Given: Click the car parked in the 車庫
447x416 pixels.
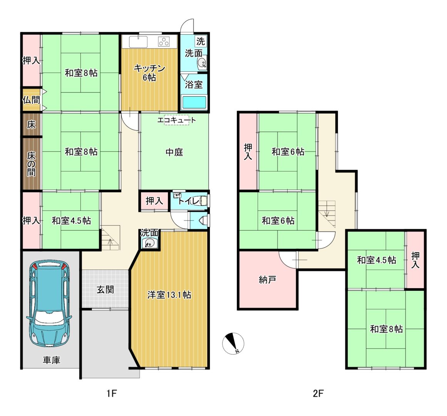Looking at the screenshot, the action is [50, 303].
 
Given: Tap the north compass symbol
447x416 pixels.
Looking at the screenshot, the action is [233, 343].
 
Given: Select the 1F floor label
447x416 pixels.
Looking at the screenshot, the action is [112, 394].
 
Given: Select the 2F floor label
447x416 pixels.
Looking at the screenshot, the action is [318, 394].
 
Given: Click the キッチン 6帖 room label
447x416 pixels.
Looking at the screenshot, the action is [149, 73].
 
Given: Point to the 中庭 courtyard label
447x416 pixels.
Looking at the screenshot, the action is [174, 152].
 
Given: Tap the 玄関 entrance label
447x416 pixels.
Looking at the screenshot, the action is [105, 289].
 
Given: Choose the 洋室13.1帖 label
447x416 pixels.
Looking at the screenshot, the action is [169, 295].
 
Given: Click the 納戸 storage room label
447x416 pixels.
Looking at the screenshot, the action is [267, 280].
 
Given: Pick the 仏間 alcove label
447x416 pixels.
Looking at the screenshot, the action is [31, 100].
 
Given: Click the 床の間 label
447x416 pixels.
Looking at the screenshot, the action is [31, 164].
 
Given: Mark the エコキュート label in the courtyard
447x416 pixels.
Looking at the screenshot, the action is [177, 120].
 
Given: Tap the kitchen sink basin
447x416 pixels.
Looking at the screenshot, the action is [138, 42].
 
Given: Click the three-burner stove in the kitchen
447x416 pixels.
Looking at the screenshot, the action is [164, 42].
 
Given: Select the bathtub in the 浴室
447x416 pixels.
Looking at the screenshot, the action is [194, 102].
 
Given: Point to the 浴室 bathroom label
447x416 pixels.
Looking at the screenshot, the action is [194, 84].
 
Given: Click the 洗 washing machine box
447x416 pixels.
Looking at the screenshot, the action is [201, 41].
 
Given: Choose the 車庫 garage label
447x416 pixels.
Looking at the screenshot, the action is [52, 360].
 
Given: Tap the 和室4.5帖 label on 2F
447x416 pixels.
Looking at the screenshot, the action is [377, 260].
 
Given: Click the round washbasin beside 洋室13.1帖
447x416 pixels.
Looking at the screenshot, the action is [149, 243].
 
